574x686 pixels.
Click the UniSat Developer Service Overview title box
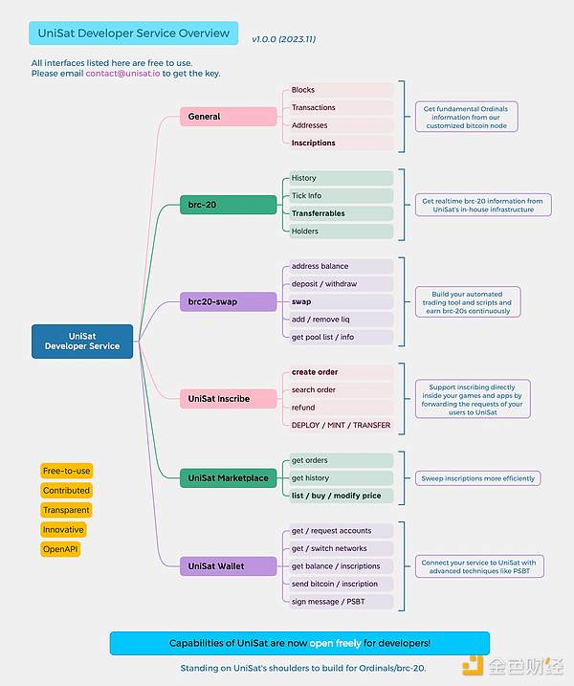pyautogui.click(x=134, y=33)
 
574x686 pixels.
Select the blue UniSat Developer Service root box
pyautogui.click(x=81, y=342)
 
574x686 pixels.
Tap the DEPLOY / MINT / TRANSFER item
pyautogui.click(x=341, y=425)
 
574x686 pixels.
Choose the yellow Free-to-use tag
pyautogui.click(x=66, y=471)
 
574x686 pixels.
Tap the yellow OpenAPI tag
pyautogui.click(x=62, y=549)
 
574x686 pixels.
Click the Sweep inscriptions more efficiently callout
pyautogui.click(x=477, y=478)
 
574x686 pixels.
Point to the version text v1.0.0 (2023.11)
pyautogui.click(x=284, y=40)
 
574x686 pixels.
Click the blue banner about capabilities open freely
pyautogui.click(x=299, y=643)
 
